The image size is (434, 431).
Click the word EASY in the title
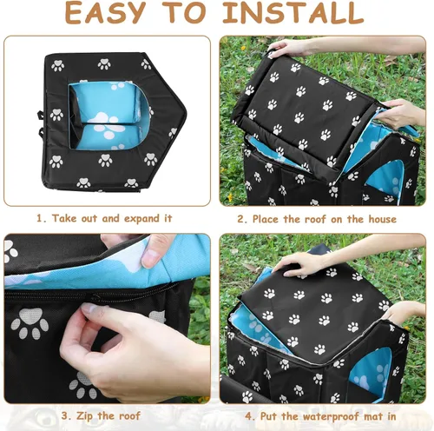[x=105, y=12]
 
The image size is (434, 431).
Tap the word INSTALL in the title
[x=293, y=12]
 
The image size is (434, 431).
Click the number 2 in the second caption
[x=242, y=219]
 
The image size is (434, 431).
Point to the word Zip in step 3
[x=84, y=416]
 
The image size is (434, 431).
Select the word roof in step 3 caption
[x=129, y=416]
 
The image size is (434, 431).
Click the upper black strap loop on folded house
[x=41, y=116]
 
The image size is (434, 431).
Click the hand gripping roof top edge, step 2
[x=290, y=47]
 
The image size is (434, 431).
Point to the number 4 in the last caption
[x=249, y=417]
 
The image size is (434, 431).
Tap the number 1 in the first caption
[x=40, y=218]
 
